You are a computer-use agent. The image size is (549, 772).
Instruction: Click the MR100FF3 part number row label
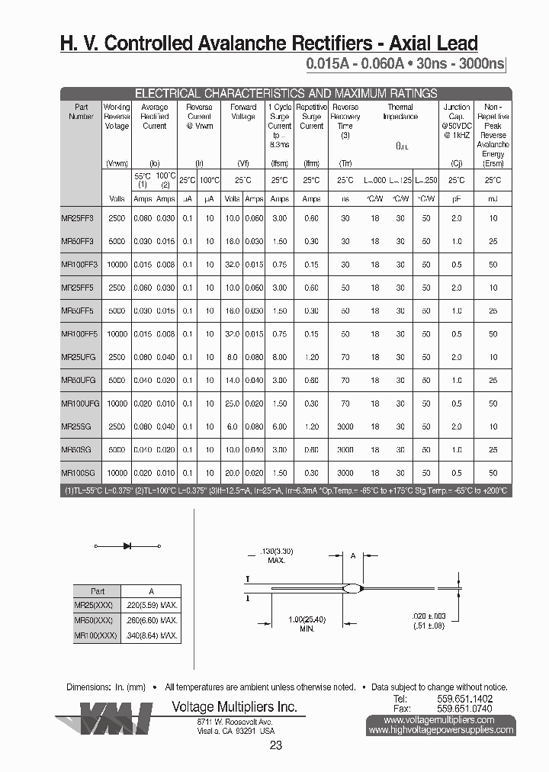coord(77,265)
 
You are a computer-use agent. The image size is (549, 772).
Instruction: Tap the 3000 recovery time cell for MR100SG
coord(345,473)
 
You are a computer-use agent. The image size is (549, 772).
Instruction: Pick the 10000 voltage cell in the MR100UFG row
coord(117,404)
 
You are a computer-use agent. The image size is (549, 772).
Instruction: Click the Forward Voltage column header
coord(243,112)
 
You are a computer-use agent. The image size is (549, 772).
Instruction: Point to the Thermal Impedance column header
coord(400,113)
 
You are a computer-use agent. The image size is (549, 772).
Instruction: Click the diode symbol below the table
coord(127,546)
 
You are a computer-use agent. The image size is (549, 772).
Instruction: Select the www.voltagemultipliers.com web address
coord(441,719)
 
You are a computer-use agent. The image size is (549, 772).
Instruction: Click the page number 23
coord(276,745)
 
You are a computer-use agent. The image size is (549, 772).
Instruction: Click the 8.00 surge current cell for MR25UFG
coord(280,357)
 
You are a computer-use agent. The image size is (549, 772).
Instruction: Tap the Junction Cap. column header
coord(457,112)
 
